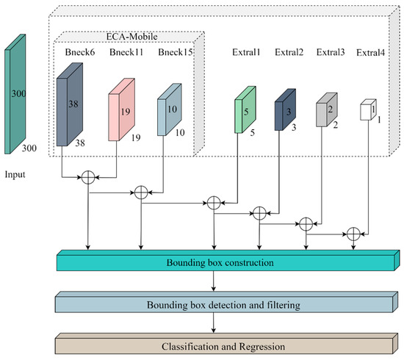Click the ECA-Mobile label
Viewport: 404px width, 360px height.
pyautogui.click(x=131, y=37)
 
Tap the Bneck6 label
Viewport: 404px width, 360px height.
pyautogui.click(x=80, y=52)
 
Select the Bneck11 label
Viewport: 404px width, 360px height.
pyautogui.click(x=126, y=52)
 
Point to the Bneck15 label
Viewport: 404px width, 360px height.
pyautogui.click(x=176, y=52)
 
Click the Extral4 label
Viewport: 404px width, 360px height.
pyautogui.click(x=370, y=53)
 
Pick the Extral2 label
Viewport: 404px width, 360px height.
pyautogui.click(x=289, y=52)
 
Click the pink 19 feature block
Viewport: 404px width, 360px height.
pyautogui.click(x=122, y=109)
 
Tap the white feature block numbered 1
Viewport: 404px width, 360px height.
pyautogui.click(x=368, y=109)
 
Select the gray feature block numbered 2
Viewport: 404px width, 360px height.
pyautogui.click(x=327, y=109)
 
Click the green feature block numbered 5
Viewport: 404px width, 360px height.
pyautogui.click(x=245, y=109)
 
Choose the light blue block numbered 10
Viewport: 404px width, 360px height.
pyautogui.click(x=170, y=109)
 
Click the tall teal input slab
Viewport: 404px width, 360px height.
pyautogui.click(x=15, y=94)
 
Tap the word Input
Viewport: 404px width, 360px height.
pyautogui.click(x=15, y=175)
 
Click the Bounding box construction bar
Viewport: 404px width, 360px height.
pyautogui.click(x=228, y=260)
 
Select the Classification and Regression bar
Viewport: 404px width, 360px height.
pyautogui.click(x=227, y=344)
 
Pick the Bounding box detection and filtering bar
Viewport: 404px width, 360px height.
pyautogui.click(x=227, y=302)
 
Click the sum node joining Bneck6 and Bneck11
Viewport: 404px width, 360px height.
pyautogui.click(x=88, y=177)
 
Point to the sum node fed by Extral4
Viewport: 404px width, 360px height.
pyautogui.click(x=353, y=234)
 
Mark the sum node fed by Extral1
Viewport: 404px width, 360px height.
pyautogui.click(x=214, y=203)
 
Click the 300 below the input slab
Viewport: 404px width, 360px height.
pyautogui.click(x=29, y=148)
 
